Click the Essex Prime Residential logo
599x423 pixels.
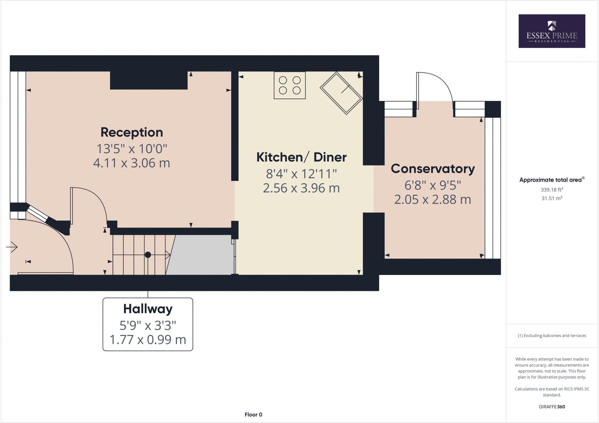(x=552, y=31)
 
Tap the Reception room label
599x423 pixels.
(x=132, y=132)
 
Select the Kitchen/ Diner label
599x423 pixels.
(x=301, y=157)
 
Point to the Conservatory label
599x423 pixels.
(x=433, y=169)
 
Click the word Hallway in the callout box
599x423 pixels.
(x=148, y=309)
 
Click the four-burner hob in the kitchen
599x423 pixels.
(x=290, y=85)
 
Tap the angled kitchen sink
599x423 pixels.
(x=341, y=93)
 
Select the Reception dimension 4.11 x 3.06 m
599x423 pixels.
(x=132, y=163)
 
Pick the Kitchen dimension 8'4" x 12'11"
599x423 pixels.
(x=301, y=174)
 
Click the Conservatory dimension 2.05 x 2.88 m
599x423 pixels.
(x=433, y=200)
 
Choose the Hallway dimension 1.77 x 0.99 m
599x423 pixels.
(x=148, y=340)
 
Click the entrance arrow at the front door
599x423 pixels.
(x=12, y=247)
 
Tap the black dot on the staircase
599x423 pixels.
(x=148, y=255)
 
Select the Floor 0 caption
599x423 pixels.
(x=253, y=415)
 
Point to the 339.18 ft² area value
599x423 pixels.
(x=552, y=190)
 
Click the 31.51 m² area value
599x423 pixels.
(x=552, y=198)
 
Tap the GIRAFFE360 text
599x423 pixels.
(x=552, y=407)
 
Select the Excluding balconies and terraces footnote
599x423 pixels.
(x=552, y=336)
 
